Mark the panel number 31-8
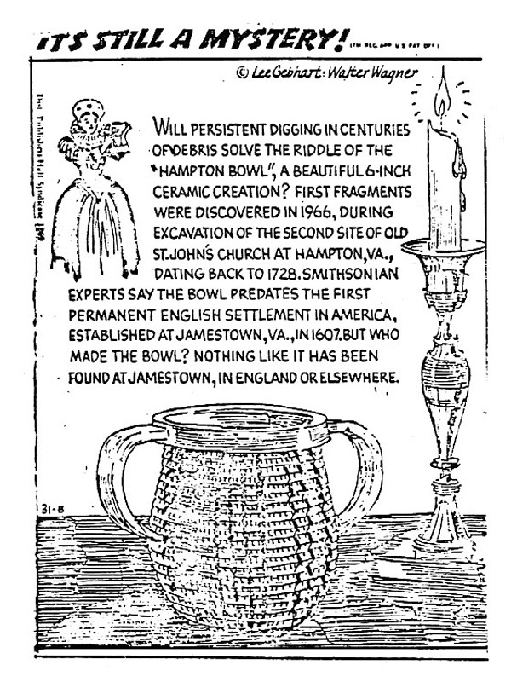[49, 510]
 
